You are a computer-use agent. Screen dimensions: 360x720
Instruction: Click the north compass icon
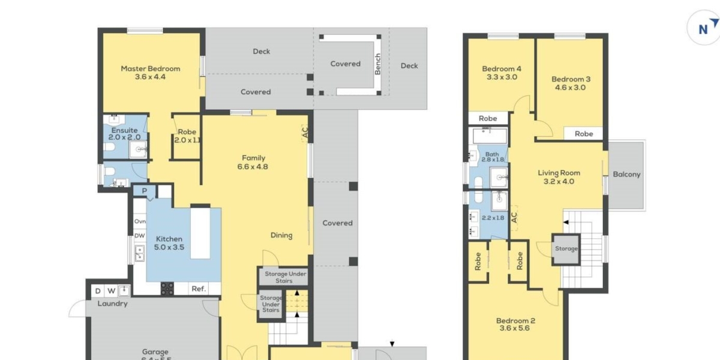[703, 28]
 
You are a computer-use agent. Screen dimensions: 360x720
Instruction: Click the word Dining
[281, 235]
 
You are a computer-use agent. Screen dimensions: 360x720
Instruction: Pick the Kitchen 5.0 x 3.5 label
[169, 243]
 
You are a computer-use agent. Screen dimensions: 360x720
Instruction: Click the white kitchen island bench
[201, 232]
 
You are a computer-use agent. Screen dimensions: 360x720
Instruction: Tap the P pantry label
[145, 191]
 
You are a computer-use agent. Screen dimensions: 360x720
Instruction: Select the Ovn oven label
[140, 221]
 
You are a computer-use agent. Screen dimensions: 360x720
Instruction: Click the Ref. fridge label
[198, 289]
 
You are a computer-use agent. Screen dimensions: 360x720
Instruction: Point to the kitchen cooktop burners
[167, 289]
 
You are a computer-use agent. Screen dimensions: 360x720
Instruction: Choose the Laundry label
[113, 304]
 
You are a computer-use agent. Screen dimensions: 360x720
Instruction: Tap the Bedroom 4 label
[502, 73]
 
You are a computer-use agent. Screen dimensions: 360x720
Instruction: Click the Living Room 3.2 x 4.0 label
[558, 177]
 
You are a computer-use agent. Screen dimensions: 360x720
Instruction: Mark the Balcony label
[626, 175]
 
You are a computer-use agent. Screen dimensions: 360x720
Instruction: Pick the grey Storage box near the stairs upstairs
[566, 248]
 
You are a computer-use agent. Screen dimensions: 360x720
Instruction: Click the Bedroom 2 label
[517, 324]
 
